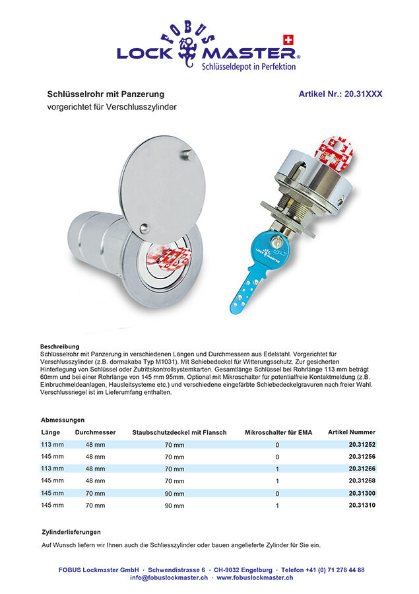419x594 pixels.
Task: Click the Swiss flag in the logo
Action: click(287, 39)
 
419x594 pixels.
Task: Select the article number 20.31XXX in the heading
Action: click(340, 94)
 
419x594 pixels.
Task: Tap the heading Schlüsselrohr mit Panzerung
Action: click(106, 94)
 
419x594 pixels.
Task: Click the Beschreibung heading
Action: click(59, 346)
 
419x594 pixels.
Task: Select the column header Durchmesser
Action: click(95, 432)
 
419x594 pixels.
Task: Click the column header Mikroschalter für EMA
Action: click(278, 432)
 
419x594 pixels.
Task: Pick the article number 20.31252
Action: click(362, 445)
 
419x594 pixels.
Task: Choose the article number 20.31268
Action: click(362, 481)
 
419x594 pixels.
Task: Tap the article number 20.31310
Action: click(362, 506)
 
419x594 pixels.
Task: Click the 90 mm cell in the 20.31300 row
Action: click(174, 493)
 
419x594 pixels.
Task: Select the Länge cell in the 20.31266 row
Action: click(52, 469)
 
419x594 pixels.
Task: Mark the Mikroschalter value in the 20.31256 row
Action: click(277, 457)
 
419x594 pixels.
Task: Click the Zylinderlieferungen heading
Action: click(71, 532)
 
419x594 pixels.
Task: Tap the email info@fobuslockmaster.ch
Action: click(169, 577)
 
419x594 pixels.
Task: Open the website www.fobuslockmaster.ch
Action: click(255, 577)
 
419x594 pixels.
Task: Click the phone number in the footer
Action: click(323, 570)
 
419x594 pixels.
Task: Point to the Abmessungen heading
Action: click(63, 420)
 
